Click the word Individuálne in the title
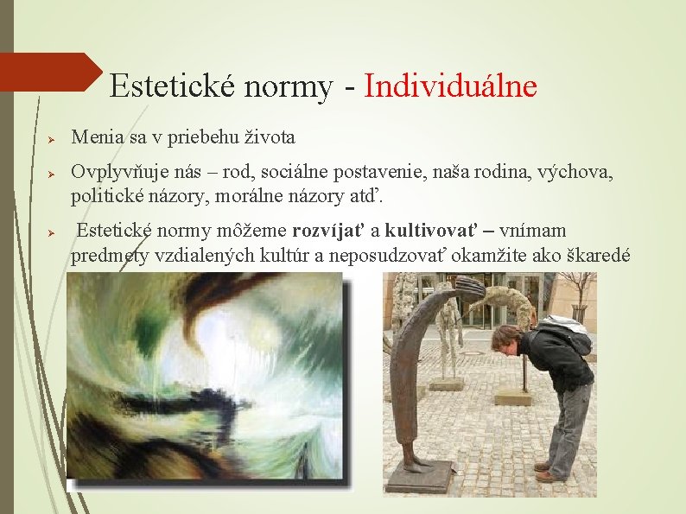[x=450, y=86]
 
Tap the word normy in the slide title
[x=289, y=86]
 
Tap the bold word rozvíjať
[x=328, y=231]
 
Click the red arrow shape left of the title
[x=52, y=72]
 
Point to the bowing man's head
[x=505, y=338]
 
